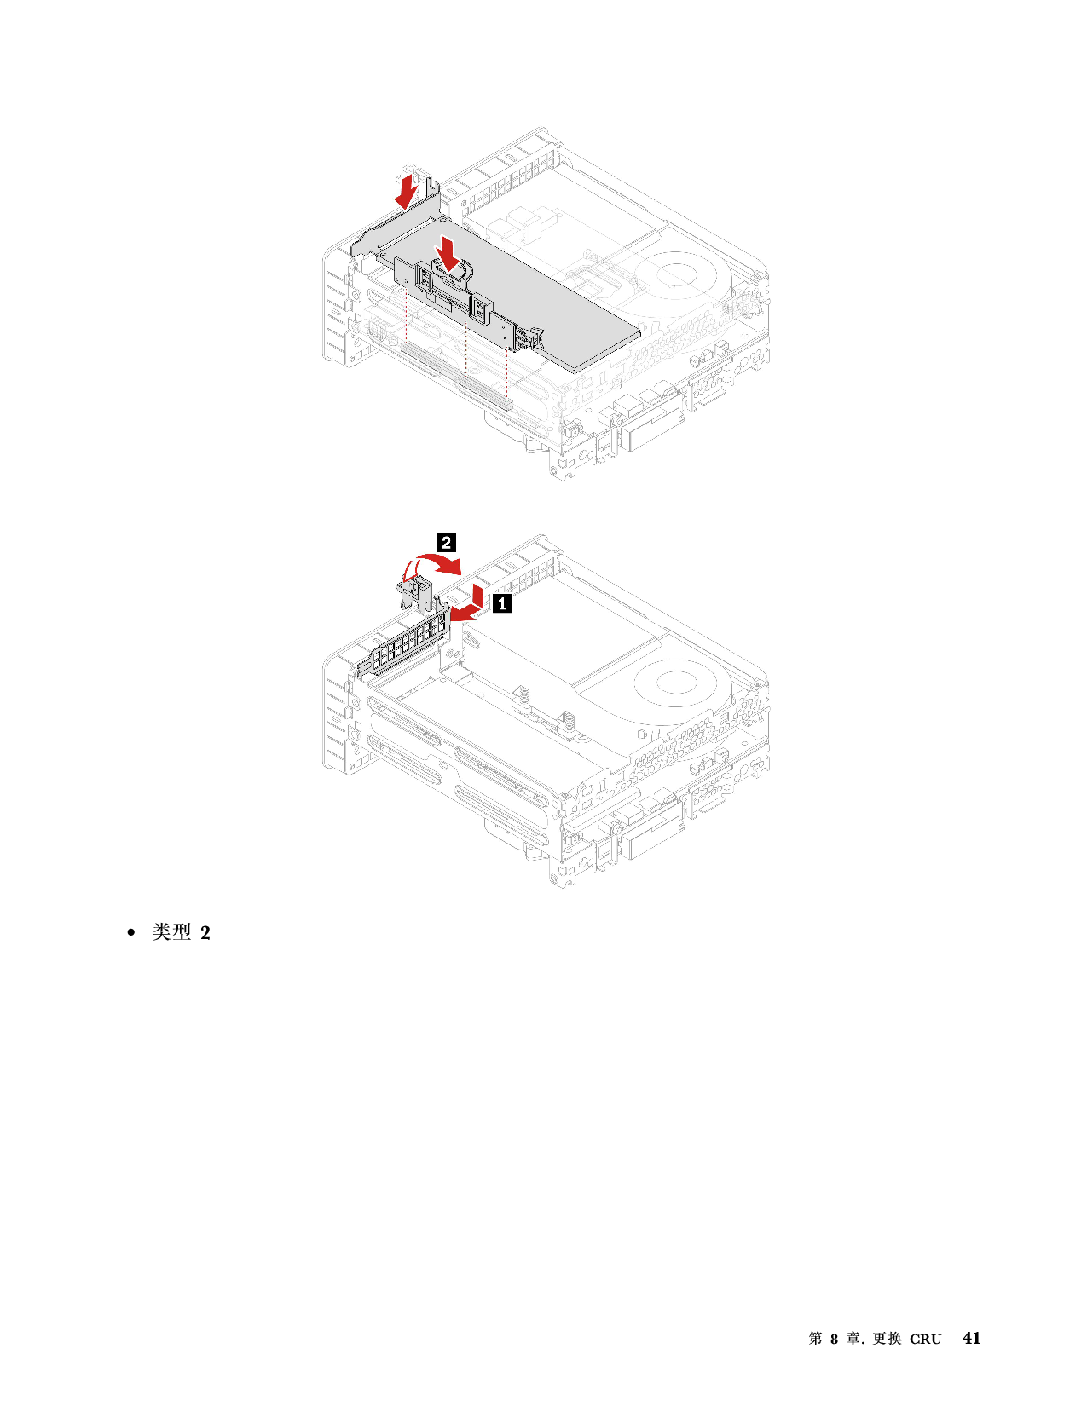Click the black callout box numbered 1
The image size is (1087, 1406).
coord(502,603)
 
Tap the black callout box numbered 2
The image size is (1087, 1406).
coord(446,542)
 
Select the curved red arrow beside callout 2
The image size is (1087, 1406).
coord(435,563)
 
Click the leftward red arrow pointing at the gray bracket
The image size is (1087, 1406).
coord(467,612)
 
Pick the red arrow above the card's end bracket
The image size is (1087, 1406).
coord(406,189)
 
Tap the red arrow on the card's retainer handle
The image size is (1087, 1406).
coord(448,252)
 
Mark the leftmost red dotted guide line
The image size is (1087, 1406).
coord(406,314)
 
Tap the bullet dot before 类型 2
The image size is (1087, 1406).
coord(132,933)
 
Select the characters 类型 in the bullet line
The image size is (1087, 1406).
coord(171,932)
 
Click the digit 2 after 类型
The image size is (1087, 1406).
coord(205,933)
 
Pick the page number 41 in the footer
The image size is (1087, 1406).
coord(971,1338)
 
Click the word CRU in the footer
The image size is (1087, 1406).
coord(925,1339)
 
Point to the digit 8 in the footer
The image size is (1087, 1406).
coord(835,1339)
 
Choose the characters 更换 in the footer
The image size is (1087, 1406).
coord(887,1338)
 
